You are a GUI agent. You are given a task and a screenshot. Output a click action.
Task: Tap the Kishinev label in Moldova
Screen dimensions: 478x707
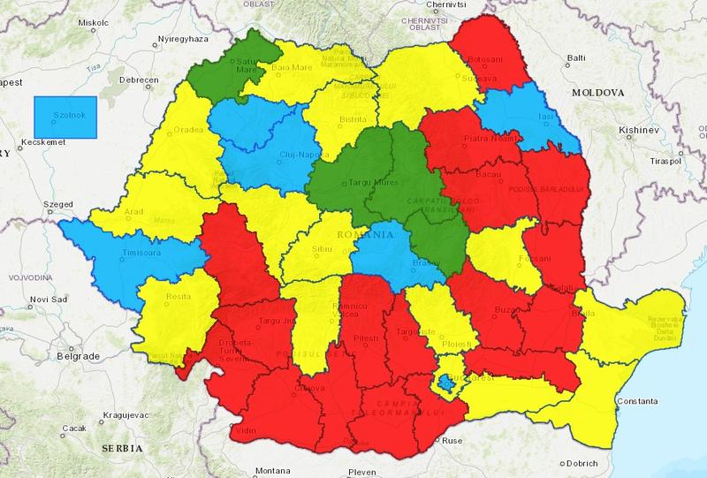coord(637,130)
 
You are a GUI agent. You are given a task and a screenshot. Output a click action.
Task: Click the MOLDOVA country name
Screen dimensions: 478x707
coord(598,92)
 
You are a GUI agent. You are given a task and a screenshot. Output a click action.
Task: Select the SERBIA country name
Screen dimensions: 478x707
coord(121,448)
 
